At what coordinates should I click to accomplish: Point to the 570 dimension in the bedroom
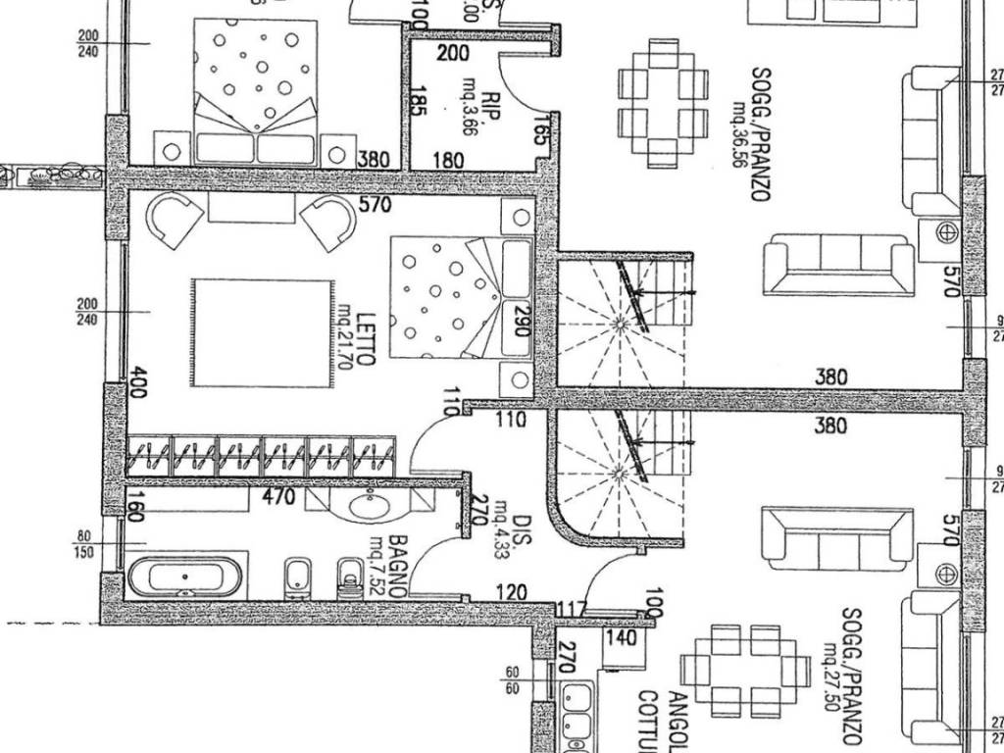coord(375,205)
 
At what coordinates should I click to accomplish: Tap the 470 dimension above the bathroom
coord(279,497)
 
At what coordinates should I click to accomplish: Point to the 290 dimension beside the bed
coord(522,320)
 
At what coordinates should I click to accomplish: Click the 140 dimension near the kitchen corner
coord(622,638)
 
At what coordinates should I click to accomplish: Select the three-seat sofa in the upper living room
coord(838,263)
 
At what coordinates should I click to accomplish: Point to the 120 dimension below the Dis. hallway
coord(512,593)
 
